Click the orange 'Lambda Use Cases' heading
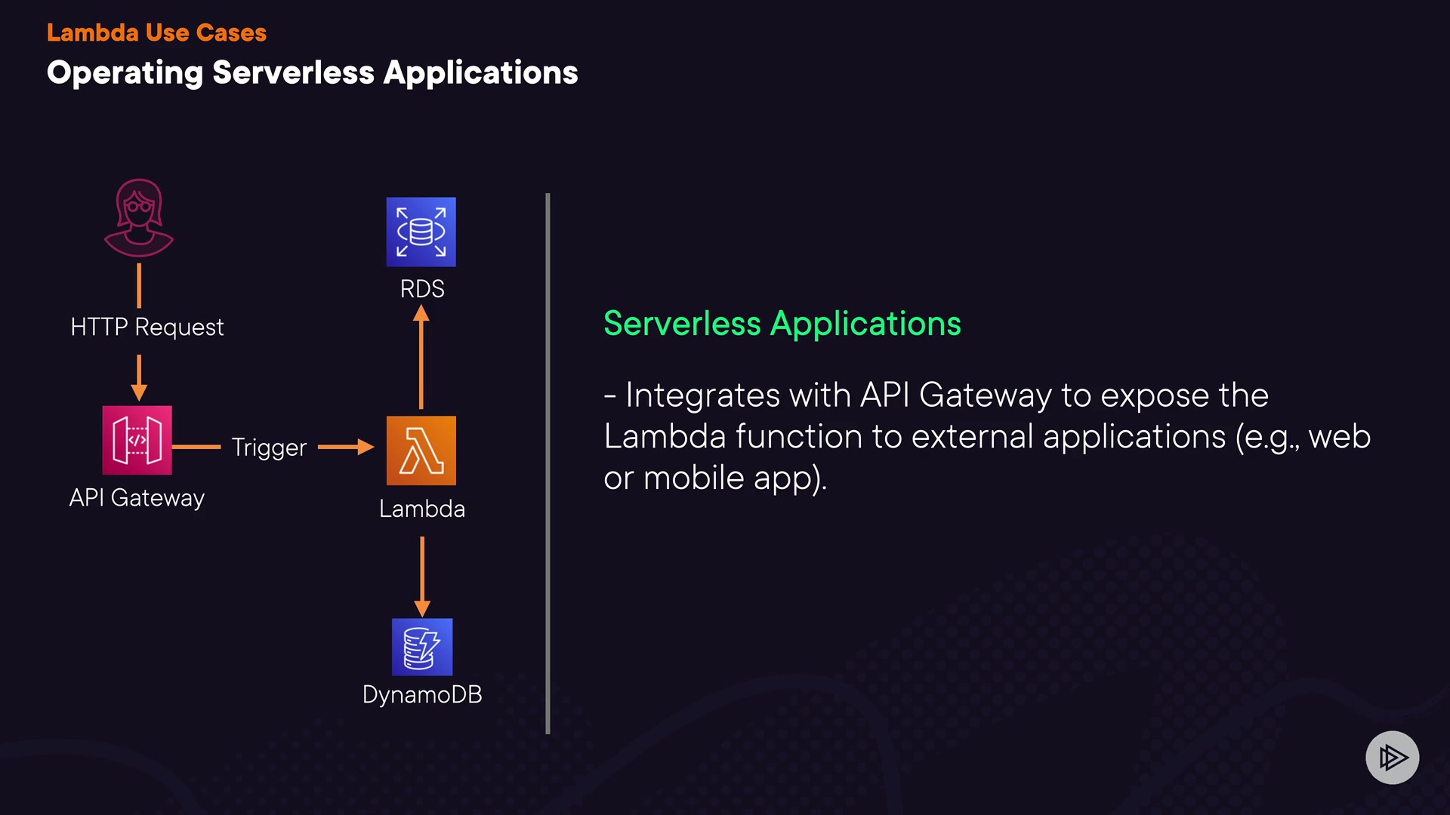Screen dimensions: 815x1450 pyautogui.click(x=156, y=32)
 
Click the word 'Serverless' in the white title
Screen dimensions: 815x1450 pyautogui.click(x=293, y=72)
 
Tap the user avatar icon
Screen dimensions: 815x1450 pyautogui.click(x=139, y=218)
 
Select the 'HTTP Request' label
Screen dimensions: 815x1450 pyautogui.click(x=147, y=327)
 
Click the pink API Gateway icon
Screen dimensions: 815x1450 pyautogui.click(x=137, y=440)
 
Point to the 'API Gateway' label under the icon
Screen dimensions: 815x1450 pyautogui.click(x=137, y=498)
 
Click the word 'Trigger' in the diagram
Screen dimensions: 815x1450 pyautogui.click(x=269, y=447)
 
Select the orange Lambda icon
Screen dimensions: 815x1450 pyautogui.click(x=421, y=451)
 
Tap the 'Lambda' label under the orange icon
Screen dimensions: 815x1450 pyautogui.click(x=422, y=509)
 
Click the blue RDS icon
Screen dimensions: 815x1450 pyautogui.click(x=421, y=232)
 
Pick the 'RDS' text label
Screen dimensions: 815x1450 pyautogui.click(x=422, y=289)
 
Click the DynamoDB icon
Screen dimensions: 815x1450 pyautogui.click(x=422, y=647)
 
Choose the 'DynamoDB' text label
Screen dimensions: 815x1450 pyautogui.click(x=422, y=694)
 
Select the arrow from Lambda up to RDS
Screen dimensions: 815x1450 pyautogui.click(x=421, y=358)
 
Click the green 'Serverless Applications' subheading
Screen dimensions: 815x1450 pyautogui.click(x=782, y=324)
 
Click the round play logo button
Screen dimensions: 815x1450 pyautogui.click(x=1392, y=757)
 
